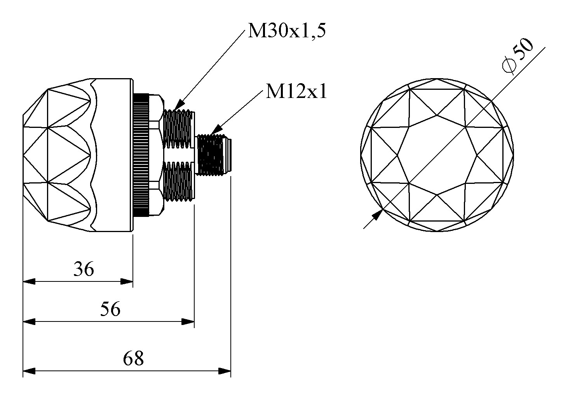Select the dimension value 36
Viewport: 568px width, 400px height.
pyautogui.click(x=84, y=269)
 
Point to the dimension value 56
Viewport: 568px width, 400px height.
pyautogui.click(x=110, y=309)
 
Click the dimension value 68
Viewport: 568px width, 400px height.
pyautogui.click(x=133, y=358)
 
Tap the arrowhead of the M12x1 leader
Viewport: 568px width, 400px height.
pyautogui.click(x=216, y=129)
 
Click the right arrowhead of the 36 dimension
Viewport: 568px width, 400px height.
pyautogui.click(x=127, y=281)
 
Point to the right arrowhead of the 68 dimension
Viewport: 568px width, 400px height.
pyautogui.click(x=225, y=371)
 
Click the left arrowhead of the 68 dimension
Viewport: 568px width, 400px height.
pyautogui.click(x=29, y=371)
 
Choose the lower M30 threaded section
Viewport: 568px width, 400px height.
pyautogui.click(x=179, y=182)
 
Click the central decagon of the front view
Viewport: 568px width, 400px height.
pyautogui.click(x=437, y=155)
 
